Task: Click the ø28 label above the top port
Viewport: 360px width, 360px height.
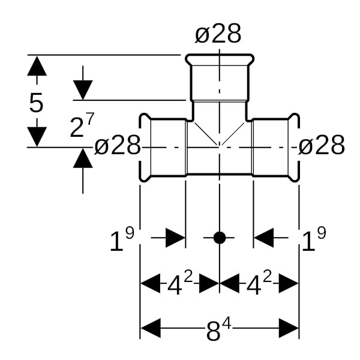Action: coord(218,35)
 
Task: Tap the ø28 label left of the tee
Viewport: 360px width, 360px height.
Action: coord(118,145)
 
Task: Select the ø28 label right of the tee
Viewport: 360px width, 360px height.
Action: coord(322,145)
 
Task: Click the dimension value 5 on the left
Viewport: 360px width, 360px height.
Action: coord(37,103)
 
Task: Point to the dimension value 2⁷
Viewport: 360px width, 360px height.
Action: coord(82,127)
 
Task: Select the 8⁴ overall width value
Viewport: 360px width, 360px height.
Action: coord(218,329)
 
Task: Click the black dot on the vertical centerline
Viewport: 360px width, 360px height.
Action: coord(220,238)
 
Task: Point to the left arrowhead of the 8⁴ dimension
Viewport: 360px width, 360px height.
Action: coord(150,329)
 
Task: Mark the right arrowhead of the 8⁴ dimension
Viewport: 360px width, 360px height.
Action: coord(289,329)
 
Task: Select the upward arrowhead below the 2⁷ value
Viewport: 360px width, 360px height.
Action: coord(83,158)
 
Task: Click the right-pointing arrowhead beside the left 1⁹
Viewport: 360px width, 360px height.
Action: coord(175,238)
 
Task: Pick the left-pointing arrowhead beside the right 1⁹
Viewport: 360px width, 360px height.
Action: coord(264,238)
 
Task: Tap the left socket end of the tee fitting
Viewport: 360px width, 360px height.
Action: coord(144,146)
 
